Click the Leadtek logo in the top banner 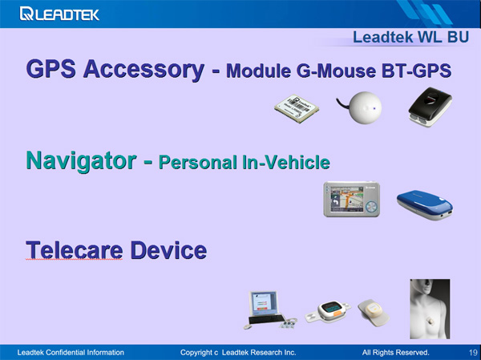[59, 14]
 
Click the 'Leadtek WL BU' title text [410, 38]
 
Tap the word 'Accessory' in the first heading [143, 70]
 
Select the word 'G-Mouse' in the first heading [336, 71]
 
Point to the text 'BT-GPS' [417, 71]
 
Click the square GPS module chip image [297, 108]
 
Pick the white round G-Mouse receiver [361, 107]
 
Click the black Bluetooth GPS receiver [430, 107]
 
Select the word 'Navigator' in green [81, 161]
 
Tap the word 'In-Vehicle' [286, 162]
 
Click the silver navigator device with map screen [352, 200]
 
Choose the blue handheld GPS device [425, 205]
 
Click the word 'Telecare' [75, 250]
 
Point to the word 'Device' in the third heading [168, 250]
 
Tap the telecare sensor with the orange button [328, 312]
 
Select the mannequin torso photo [430, 309]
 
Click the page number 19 [473, 352]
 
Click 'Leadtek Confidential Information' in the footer [71, 353]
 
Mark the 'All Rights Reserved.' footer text [395, 353]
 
